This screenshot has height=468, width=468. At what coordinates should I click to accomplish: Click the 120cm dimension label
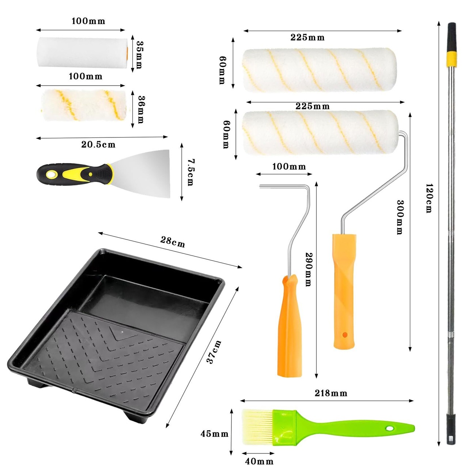[429, 199]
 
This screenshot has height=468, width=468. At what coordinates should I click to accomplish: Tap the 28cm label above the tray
[173, 242]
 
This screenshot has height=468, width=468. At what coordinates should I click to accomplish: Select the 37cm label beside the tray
[214, 352]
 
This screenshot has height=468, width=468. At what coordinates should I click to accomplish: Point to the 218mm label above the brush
[331, 393]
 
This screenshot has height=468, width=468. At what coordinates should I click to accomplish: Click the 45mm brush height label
[215, 434]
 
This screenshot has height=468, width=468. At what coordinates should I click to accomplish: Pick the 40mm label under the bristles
[259, 461]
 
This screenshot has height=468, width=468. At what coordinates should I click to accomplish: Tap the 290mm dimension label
[309, 269]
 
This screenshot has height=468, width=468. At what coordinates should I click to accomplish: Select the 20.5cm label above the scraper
[98, 144]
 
